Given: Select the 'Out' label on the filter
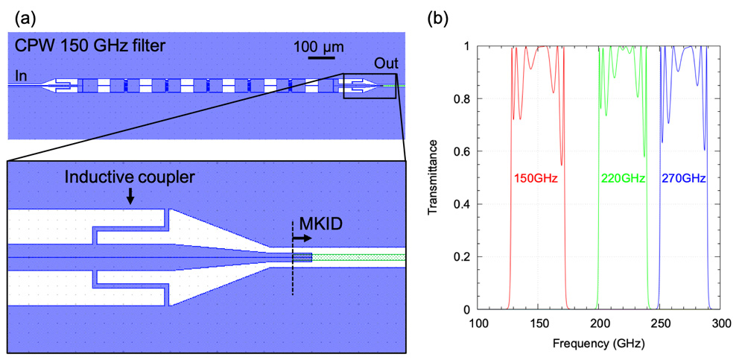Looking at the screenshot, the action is pyautogui.click(x=385, y=63).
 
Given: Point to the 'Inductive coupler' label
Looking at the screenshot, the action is pyautogui.click(x=130, y=178).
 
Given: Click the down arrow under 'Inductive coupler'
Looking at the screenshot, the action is pyautogui.click(x=130, y=197).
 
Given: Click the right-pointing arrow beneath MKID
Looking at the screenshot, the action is pyautogui.click(x=302, y=238).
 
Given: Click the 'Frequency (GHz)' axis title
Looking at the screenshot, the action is pyautogui.click(x=599, y=342).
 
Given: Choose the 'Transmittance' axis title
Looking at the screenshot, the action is pyautogui.click(x=434, y=177).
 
